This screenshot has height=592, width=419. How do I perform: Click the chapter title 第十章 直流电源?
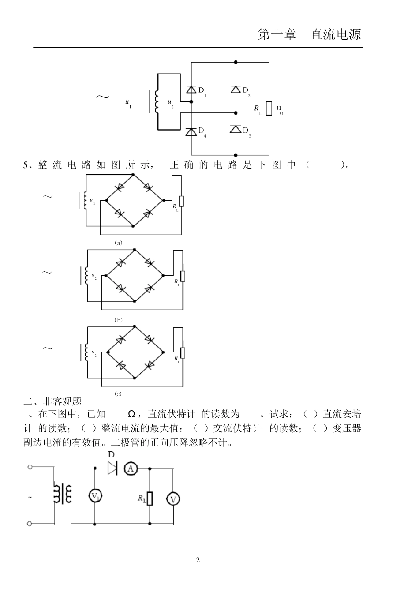[309, 35]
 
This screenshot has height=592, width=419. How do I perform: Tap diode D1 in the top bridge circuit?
[191, 90]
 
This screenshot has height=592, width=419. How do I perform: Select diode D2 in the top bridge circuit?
[236, 90]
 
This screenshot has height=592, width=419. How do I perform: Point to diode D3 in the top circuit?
[236, 130]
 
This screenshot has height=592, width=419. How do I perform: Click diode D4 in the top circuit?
[191, 131]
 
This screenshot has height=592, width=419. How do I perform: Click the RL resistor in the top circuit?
[269, 109]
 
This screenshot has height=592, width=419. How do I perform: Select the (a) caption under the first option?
[118, 243]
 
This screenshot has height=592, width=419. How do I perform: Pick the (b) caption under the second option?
[118, 320]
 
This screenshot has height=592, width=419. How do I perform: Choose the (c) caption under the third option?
[118, 393]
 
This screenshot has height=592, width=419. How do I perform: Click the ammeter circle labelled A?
[131, 468]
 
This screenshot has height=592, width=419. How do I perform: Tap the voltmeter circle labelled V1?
[95, 496]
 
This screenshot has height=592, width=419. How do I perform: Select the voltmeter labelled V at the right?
[173, 499]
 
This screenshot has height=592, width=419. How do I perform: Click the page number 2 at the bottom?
[198, 560]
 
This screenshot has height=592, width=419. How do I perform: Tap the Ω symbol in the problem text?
[131, 414]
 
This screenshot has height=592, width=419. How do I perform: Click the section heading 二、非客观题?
[52, 401]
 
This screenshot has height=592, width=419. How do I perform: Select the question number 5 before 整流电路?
[26, 165]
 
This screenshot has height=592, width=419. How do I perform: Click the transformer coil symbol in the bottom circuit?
[62, 494]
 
